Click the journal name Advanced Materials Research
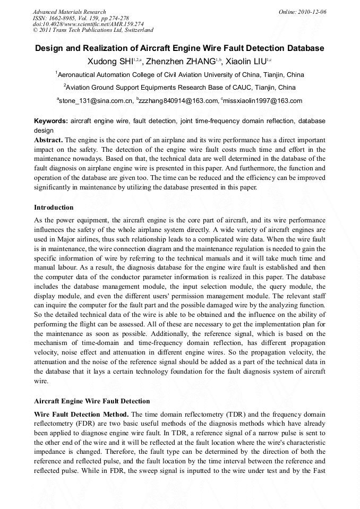click(69, 12)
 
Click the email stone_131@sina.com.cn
click(96, 100)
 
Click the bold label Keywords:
click(51, 121)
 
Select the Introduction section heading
click(54, 207)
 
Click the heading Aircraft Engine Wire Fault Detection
click(92, 401)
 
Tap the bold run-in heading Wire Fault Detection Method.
click(81, 414)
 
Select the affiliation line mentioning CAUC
click(179, 87)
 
